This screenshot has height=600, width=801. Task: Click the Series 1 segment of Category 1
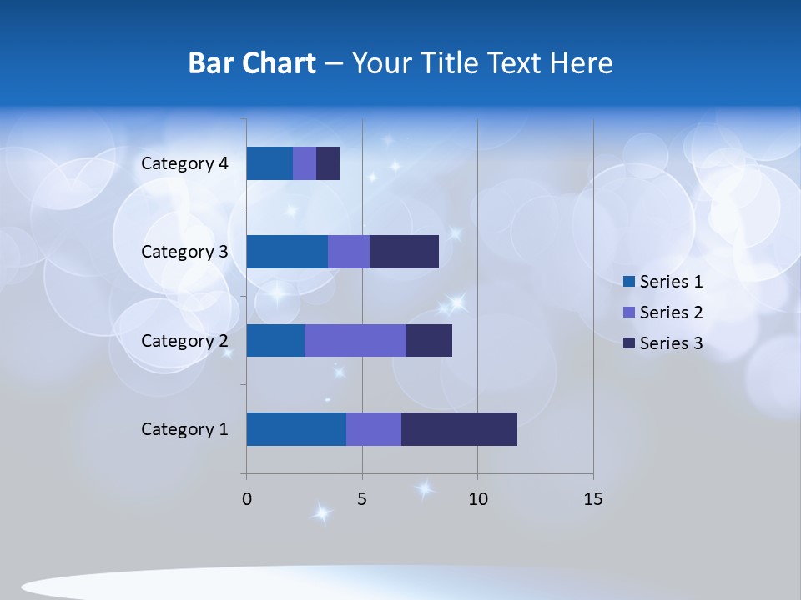tap(296, 429)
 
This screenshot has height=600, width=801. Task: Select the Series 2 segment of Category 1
tap(374, 429)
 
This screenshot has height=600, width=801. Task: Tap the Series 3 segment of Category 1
tap(459, 429)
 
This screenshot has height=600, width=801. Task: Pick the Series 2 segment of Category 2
tap(355, 340)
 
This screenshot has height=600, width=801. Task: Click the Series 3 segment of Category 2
tap(429, 340)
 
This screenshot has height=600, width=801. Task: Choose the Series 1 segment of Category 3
tap(287, 252)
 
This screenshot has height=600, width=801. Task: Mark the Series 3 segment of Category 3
tap(404, 252)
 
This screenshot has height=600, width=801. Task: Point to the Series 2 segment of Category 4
tap(305, 163)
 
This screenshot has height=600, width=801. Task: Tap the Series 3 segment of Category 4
tap(328, 163)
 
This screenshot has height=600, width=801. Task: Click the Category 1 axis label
tap(184, 429)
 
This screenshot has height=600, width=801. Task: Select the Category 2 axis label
tap(184, 340)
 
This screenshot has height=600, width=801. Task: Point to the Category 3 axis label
tap(184, 252)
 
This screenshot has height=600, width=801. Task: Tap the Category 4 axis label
tap(184, 163)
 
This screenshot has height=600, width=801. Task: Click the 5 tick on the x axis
tap(362, 499)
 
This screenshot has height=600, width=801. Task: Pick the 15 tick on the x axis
tap(592, 499)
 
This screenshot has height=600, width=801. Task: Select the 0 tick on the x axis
tap(247, 499)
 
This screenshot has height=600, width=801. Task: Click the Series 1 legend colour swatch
tap(629, 282)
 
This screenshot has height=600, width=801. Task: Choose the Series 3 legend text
tap(671, 343)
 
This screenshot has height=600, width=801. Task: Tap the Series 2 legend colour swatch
tap(629, 312)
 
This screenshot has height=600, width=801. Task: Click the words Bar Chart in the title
tap(251, 63)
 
